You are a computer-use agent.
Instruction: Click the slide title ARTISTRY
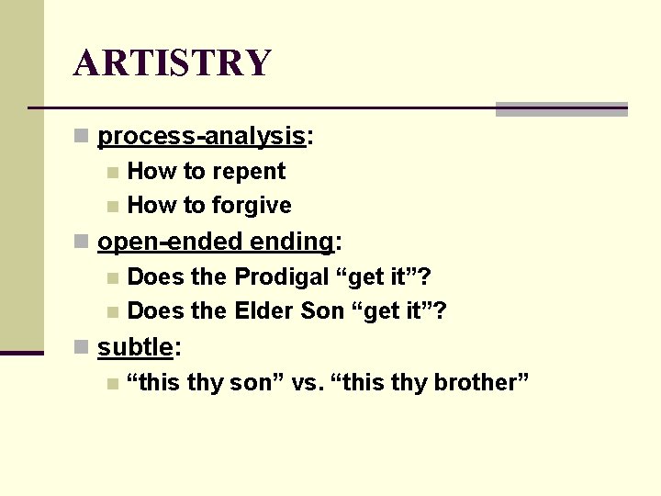pos(173,62)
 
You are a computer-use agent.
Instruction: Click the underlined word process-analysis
pos(201,137)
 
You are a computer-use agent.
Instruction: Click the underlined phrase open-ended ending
pos(216,242)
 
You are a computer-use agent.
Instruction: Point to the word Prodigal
pos(282,276)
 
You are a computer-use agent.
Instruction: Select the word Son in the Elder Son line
pos(322,311)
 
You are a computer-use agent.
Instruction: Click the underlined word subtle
pos(135,347)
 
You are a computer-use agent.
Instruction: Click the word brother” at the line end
pos(481,382)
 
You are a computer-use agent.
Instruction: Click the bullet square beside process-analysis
pos(82,138)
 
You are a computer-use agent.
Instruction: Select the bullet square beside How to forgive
pos(112,207)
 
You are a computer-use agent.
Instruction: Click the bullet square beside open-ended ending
pos(82,242)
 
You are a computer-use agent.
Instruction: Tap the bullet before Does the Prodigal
pos(112,277)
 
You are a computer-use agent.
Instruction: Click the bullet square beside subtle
pos(82,348)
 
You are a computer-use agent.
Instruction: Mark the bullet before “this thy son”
pos(112,383)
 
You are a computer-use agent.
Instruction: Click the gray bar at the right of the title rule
pos(561,109)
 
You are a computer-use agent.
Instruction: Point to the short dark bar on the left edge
pos(21,352)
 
